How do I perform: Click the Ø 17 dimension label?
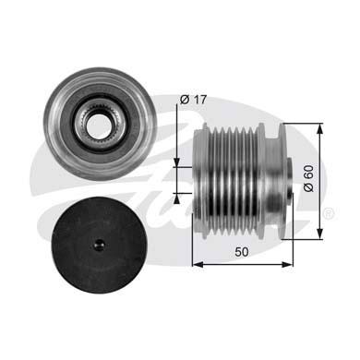click(x=194, y=100)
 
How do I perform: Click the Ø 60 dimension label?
click(x=308, y=178)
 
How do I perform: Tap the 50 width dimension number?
click(x=242, y=252)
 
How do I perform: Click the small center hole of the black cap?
click(x=99, y=246)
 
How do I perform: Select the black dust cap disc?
click(x=99, y=246)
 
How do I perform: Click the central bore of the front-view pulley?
click(x=99, y=126)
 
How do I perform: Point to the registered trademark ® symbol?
click(x=329, y=213)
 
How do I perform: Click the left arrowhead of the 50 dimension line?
click(x=198, y=264)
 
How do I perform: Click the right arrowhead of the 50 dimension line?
click(x=287, y=264)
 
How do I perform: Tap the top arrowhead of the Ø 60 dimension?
click(x=320, y=129)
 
